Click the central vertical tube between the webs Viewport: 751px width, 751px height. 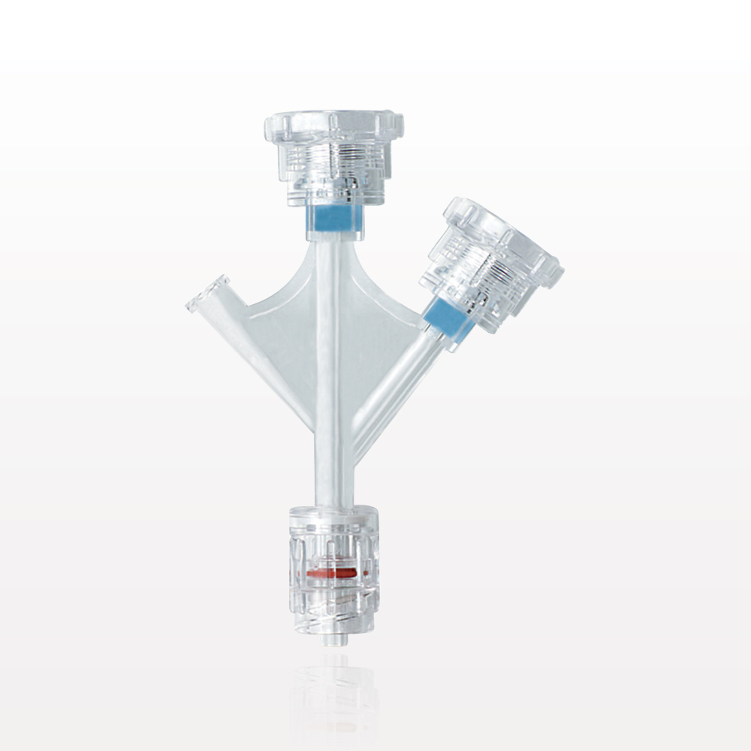[330, 353]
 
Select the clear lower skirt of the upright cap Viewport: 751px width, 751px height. [333, 192]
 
